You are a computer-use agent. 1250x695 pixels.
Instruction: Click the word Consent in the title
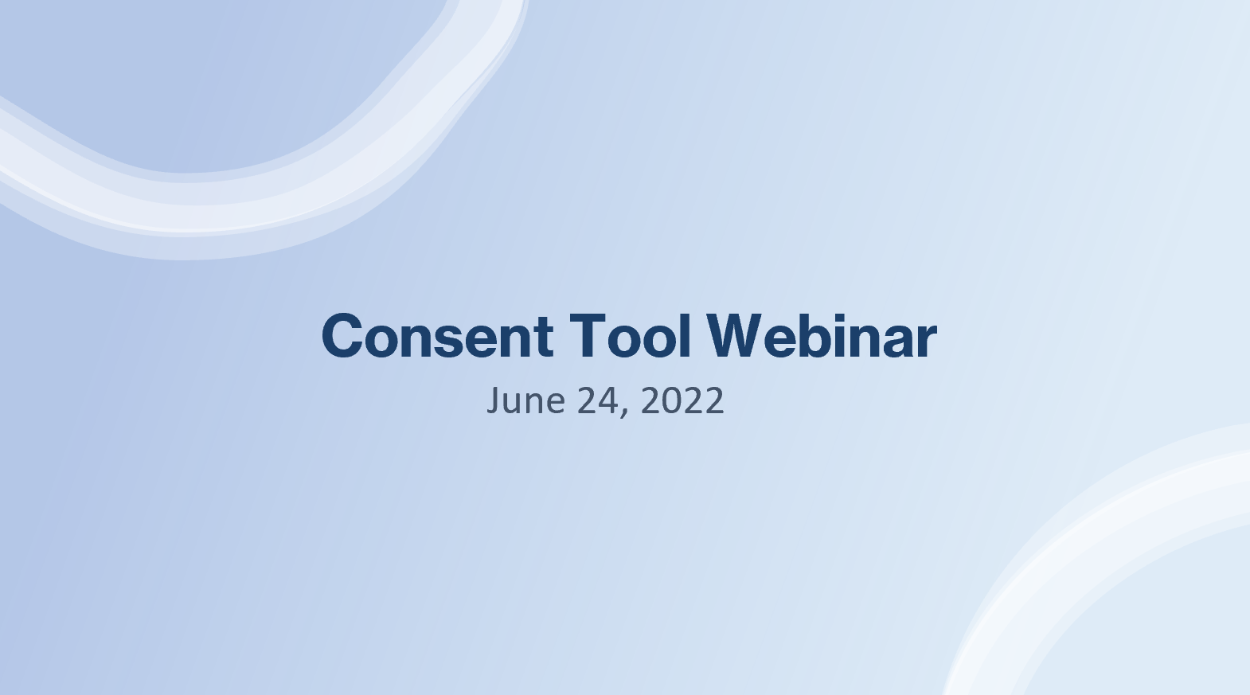[x=437, y=336]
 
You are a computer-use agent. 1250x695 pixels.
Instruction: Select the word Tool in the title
[x=629, y=336]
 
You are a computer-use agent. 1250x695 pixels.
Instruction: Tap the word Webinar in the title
[x=822, y=336]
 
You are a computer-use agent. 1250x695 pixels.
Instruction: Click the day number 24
[x=596, y=400]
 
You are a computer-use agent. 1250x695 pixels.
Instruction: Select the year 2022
[x=682, y=400]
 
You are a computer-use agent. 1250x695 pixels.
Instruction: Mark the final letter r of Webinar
[x=926, y=341]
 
